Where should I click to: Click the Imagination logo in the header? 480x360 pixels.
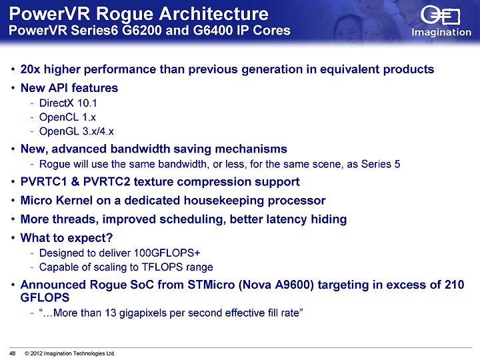pos(441,21)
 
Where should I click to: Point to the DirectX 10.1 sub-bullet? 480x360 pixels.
pos(68,103)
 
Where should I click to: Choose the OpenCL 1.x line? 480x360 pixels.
pos(67,117)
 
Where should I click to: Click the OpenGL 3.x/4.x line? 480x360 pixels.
pos(77,131)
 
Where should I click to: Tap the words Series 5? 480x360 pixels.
pos(381,164)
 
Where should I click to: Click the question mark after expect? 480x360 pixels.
pos(110,237)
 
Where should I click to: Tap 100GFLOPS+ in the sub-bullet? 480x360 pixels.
pos(167,253)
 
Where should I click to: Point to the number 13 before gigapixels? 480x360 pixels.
pos(110,313)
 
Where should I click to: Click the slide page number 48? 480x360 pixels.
pos(13,353)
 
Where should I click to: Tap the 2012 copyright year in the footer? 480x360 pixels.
pos(36,353)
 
